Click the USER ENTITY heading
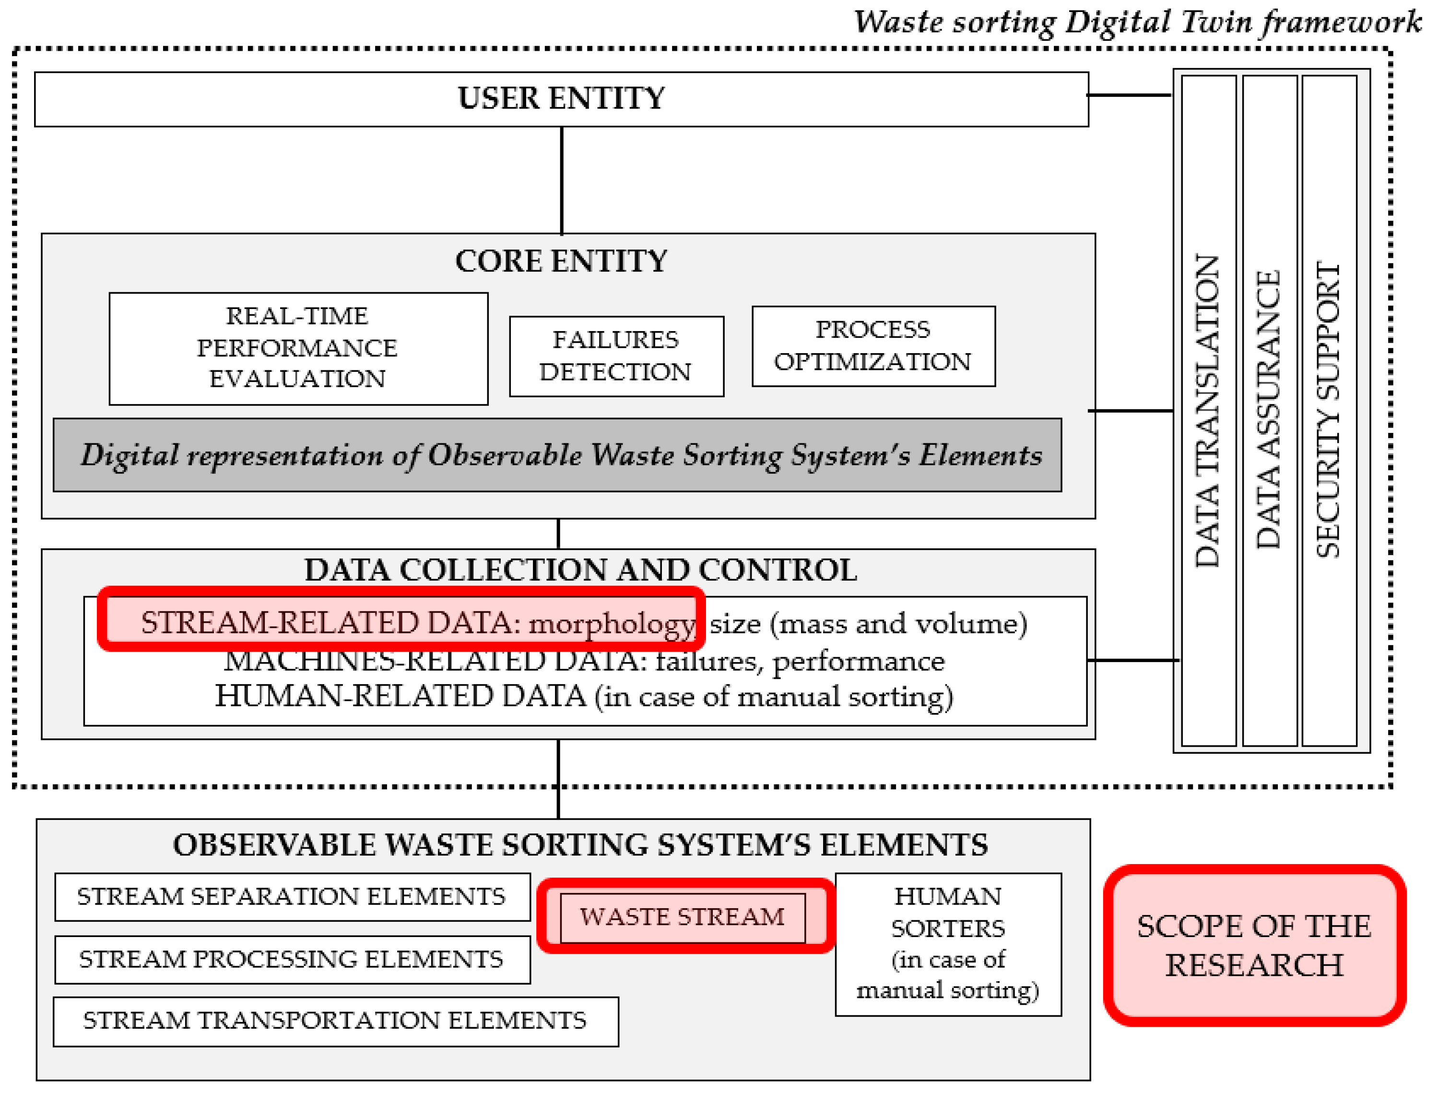coord(561,99)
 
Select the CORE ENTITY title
coord(561,261)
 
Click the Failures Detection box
coord(616,356)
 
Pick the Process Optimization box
coord(873,346)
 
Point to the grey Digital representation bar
coord(557,455)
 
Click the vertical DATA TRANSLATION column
coord(1208,411)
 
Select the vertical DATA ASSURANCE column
coord(1269,411)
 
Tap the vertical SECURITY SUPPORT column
coord(1329,411)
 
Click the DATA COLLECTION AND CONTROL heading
coord(580,570)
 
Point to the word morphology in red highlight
coord(612,624)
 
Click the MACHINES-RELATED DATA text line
coord(584,662)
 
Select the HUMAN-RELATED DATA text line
coord(584,697)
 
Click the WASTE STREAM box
coord(682,917)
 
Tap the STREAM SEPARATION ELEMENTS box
coord(292,897)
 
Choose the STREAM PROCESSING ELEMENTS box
coord(292,960)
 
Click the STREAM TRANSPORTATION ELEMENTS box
coord(336,1021)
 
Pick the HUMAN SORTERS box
coord(948,944)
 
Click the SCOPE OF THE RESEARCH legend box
coord(1253,945)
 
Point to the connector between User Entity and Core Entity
coord(561,180)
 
